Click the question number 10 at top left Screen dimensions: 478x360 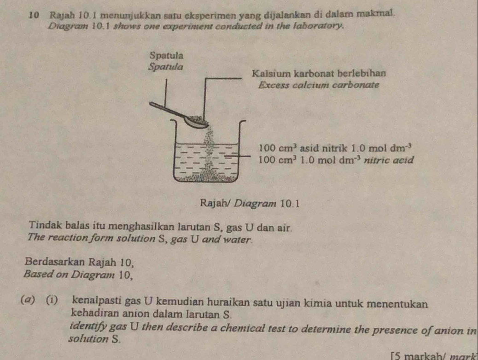pyautogui.click(x=36, y=15)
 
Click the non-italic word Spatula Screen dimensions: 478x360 pyautogui.click(x=167, y=55)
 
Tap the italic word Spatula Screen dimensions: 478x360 pyautogui.click(x=166, y=66)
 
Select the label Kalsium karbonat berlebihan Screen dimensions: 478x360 pyautogui.click(x=319, y=74)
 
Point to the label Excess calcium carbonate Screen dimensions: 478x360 pyautogui.click(x=319, y=85)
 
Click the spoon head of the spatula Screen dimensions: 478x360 pyautogui.click(x=196, y=122)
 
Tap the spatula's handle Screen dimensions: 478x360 pyautogui.click(x=168, y=110)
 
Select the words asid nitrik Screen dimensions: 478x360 pyautogui.click(x=323, y=148)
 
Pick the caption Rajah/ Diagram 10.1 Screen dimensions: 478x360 pyautogui.click(x=250, y=203)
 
